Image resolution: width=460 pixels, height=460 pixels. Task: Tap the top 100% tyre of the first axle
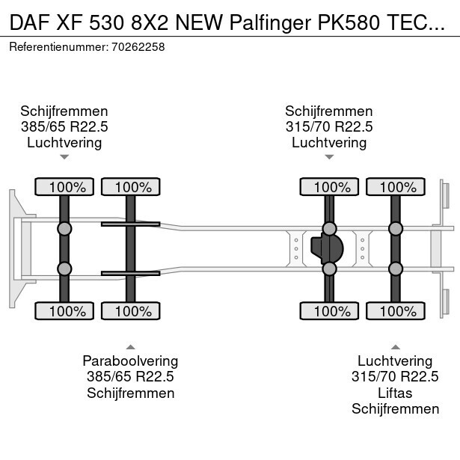point(65,187)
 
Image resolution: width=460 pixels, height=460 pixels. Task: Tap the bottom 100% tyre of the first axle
point(65,311)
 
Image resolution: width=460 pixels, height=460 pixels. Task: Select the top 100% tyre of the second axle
point(130,187)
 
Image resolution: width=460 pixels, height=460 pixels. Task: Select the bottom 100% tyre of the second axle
point(130,311)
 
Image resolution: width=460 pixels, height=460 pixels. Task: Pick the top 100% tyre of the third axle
point(328,187)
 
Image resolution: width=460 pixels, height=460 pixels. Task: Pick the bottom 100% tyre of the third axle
point(328,311)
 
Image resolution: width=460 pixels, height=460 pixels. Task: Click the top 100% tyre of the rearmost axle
point(394,187)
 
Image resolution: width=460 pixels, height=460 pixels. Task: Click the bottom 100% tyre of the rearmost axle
point(394,311)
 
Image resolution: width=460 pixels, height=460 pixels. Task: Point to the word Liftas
point(395,393)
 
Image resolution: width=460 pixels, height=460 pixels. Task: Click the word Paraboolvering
point(130,361)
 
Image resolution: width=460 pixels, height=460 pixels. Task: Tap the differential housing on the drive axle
point(327,248)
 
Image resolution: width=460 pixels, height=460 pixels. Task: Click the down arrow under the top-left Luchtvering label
point(64,157)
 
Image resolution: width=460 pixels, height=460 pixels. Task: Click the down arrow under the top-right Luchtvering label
point(329,157)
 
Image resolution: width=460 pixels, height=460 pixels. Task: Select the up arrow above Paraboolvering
point(130,346)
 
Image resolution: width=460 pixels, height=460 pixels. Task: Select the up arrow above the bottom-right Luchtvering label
point(395,346)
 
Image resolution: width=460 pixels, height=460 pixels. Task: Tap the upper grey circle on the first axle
point(65,229)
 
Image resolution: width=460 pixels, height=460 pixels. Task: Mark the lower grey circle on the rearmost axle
point(394,269)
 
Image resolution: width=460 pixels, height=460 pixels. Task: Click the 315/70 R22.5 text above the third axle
point(329,126)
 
